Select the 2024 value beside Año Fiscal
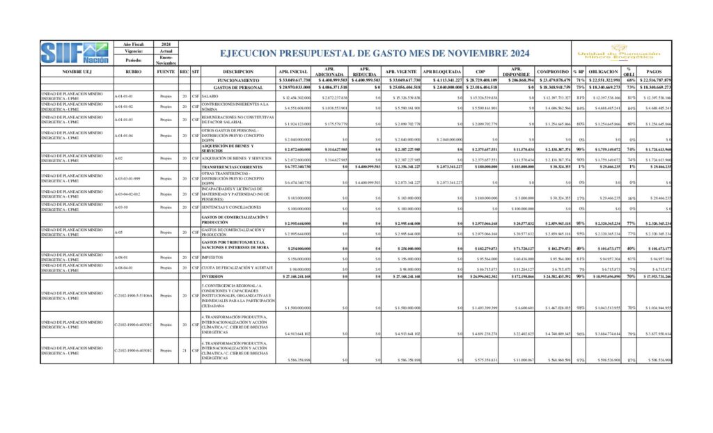(x=166, y=44)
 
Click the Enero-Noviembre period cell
(x=166, y=61)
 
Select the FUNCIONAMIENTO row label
(x=233, y=80)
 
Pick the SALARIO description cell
(x=210, y=96)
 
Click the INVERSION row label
(x=217, y=276)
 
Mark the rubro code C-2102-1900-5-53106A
(x=133, y=295)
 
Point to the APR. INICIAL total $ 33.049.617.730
(x=293, y=80)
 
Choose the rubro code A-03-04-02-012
(x=132, y=194)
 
